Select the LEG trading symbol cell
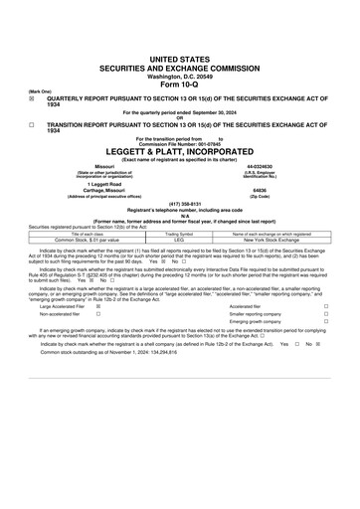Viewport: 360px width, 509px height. click(179, 240)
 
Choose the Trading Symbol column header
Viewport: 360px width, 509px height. click(179, 234)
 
